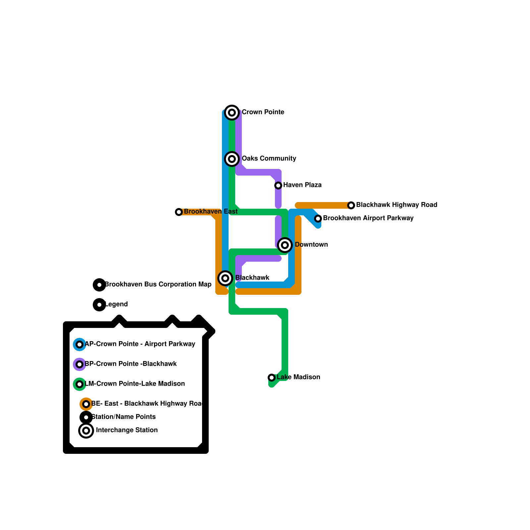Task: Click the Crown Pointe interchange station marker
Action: pos(232,113)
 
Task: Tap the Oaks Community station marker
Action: pos(232,159)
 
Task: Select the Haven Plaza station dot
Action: pos(278,185)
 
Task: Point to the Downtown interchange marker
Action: pos(285,245)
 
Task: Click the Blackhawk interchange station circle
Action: pos(225,278)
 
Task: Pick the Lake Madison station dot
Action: pos(272,378)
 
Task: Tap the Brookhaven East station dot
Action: pos(179,212)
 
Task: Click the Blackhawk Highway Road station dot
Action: pos(351,205)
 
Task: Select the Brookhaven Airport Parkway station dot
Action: pos(318,219)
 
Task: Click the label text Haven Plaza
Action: pos(302,185)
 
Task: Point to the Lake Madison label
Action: pos(298,377)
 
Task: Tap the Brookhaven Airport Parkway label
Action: pos(368,218)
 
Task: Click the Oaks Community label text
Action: pos(269,158)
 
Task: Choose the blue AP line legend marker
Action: pos(79,344)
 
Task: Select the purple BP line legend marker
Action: pos(79,364)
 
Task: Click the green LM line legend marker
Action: pos(79,384)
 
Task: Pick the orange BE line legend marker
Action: pos(86,404)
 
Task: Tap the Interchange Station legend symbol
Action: pos(86,431)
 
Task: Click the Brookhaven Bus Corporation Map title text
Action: pos(158,284)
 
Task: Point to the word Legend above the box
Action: pos(116,304)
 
